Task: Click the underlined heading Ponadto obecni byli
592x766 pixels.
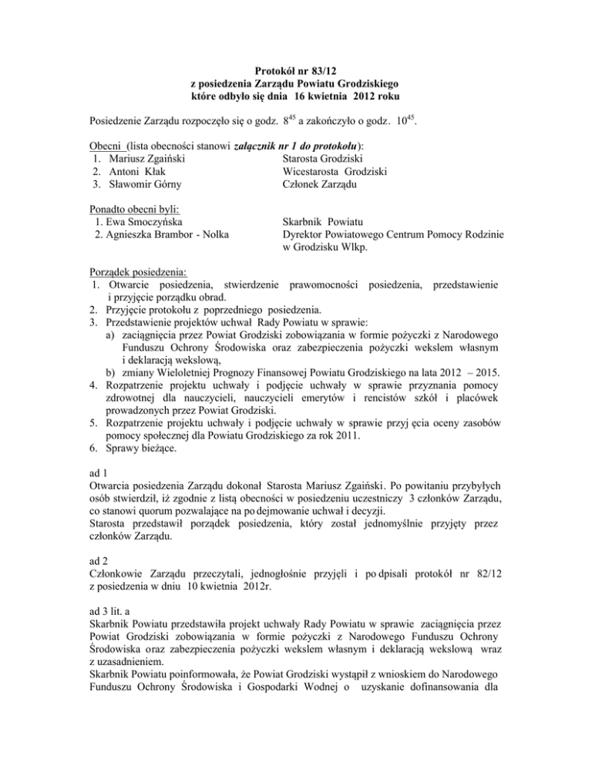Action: [x=133, y=210]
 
